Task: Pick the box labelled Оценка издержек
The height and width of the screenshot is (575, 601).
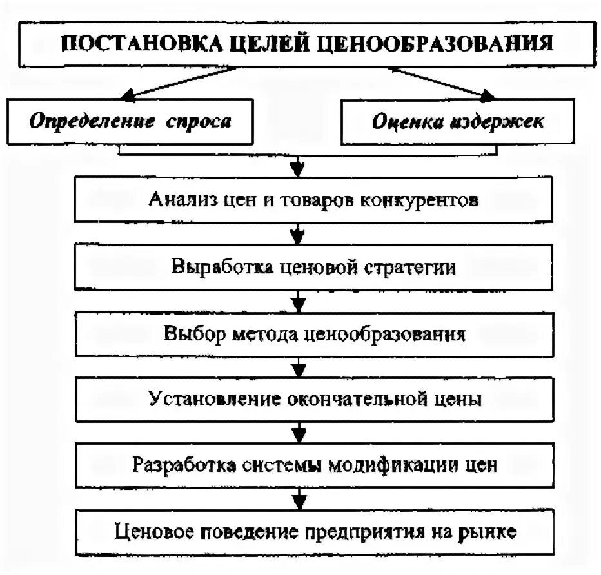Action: pyautogui.click(x=458, y=122)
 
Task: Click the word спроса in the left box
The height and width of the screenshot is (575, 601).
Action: pyautogui.click(x=203, y=121)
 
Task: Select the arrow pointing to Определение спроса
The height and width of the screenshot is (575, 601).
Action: pyautogui.click(x=129, y=96)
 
